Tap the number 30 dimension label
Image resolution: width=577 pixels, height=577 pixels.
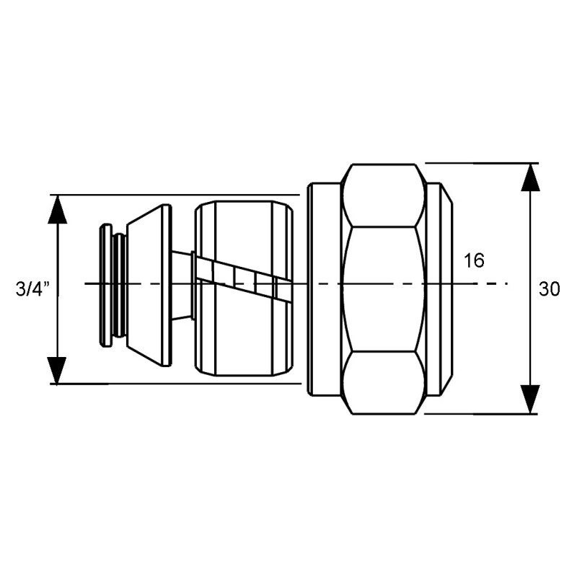(x=549, y=289)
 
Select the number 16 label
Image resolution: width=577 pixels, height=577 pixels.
(x=474, y=261)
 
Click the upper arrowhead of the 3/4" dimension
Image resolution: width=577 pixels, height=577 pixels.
(x=58, y=209)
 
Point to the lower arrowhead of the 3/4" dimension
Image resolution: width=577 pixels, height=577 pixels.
(x=58, y=371)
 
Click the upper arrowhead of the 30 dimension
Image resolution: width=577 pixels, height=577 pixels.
(x=530, y=177)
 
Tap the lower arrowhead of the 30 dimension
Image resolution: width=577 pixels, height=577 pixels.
(x=530, y=400)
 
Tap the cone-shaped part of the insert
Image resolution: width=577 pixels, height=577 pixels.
(x=149, y=286)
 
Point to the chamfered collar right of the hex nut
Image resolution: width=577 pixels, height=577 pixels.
(x=439, y=289)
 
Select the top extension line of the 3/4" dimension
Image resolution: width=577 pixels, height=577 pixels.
(x=175, y=194)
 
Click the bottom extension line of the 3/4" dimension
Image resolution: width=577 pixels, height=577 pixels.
(x=175, y=384)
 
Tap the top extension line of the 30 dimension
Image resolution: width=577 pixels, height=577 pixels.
(x=482, y=163)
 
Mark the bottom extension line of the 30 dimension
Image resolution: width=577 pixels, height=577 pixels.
(x=481, y=414)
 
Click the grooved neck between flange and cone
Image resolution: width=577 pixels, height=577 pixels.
(x=119, y=285)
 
